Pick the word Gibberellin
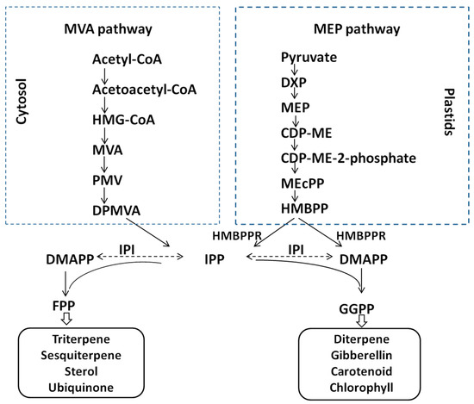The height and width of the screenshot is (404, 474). [x=364, y=352]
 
